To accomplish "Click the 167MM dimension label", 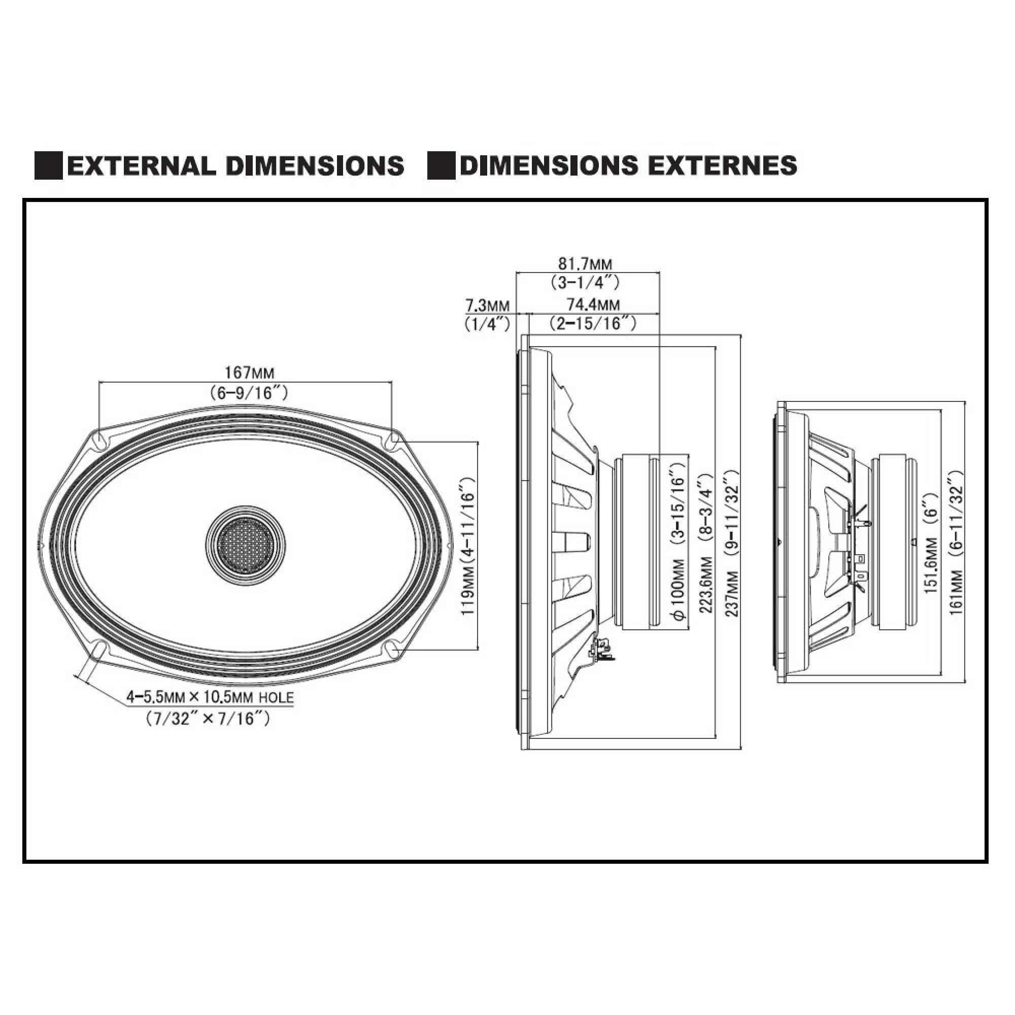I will coord(250,373).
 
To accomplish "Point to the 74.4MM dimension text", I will coord(593,304).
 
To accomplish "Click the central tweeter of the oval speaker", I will coord(245,547).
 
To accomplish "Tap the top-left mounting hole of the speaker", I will coord(99,441).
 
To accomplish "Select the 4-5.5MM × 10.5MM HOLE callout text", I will coord(210,698).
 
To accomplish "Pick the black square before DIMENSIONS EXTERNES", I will coord(442,165).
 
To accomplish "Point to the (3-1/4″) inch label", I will coord(585,283).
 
